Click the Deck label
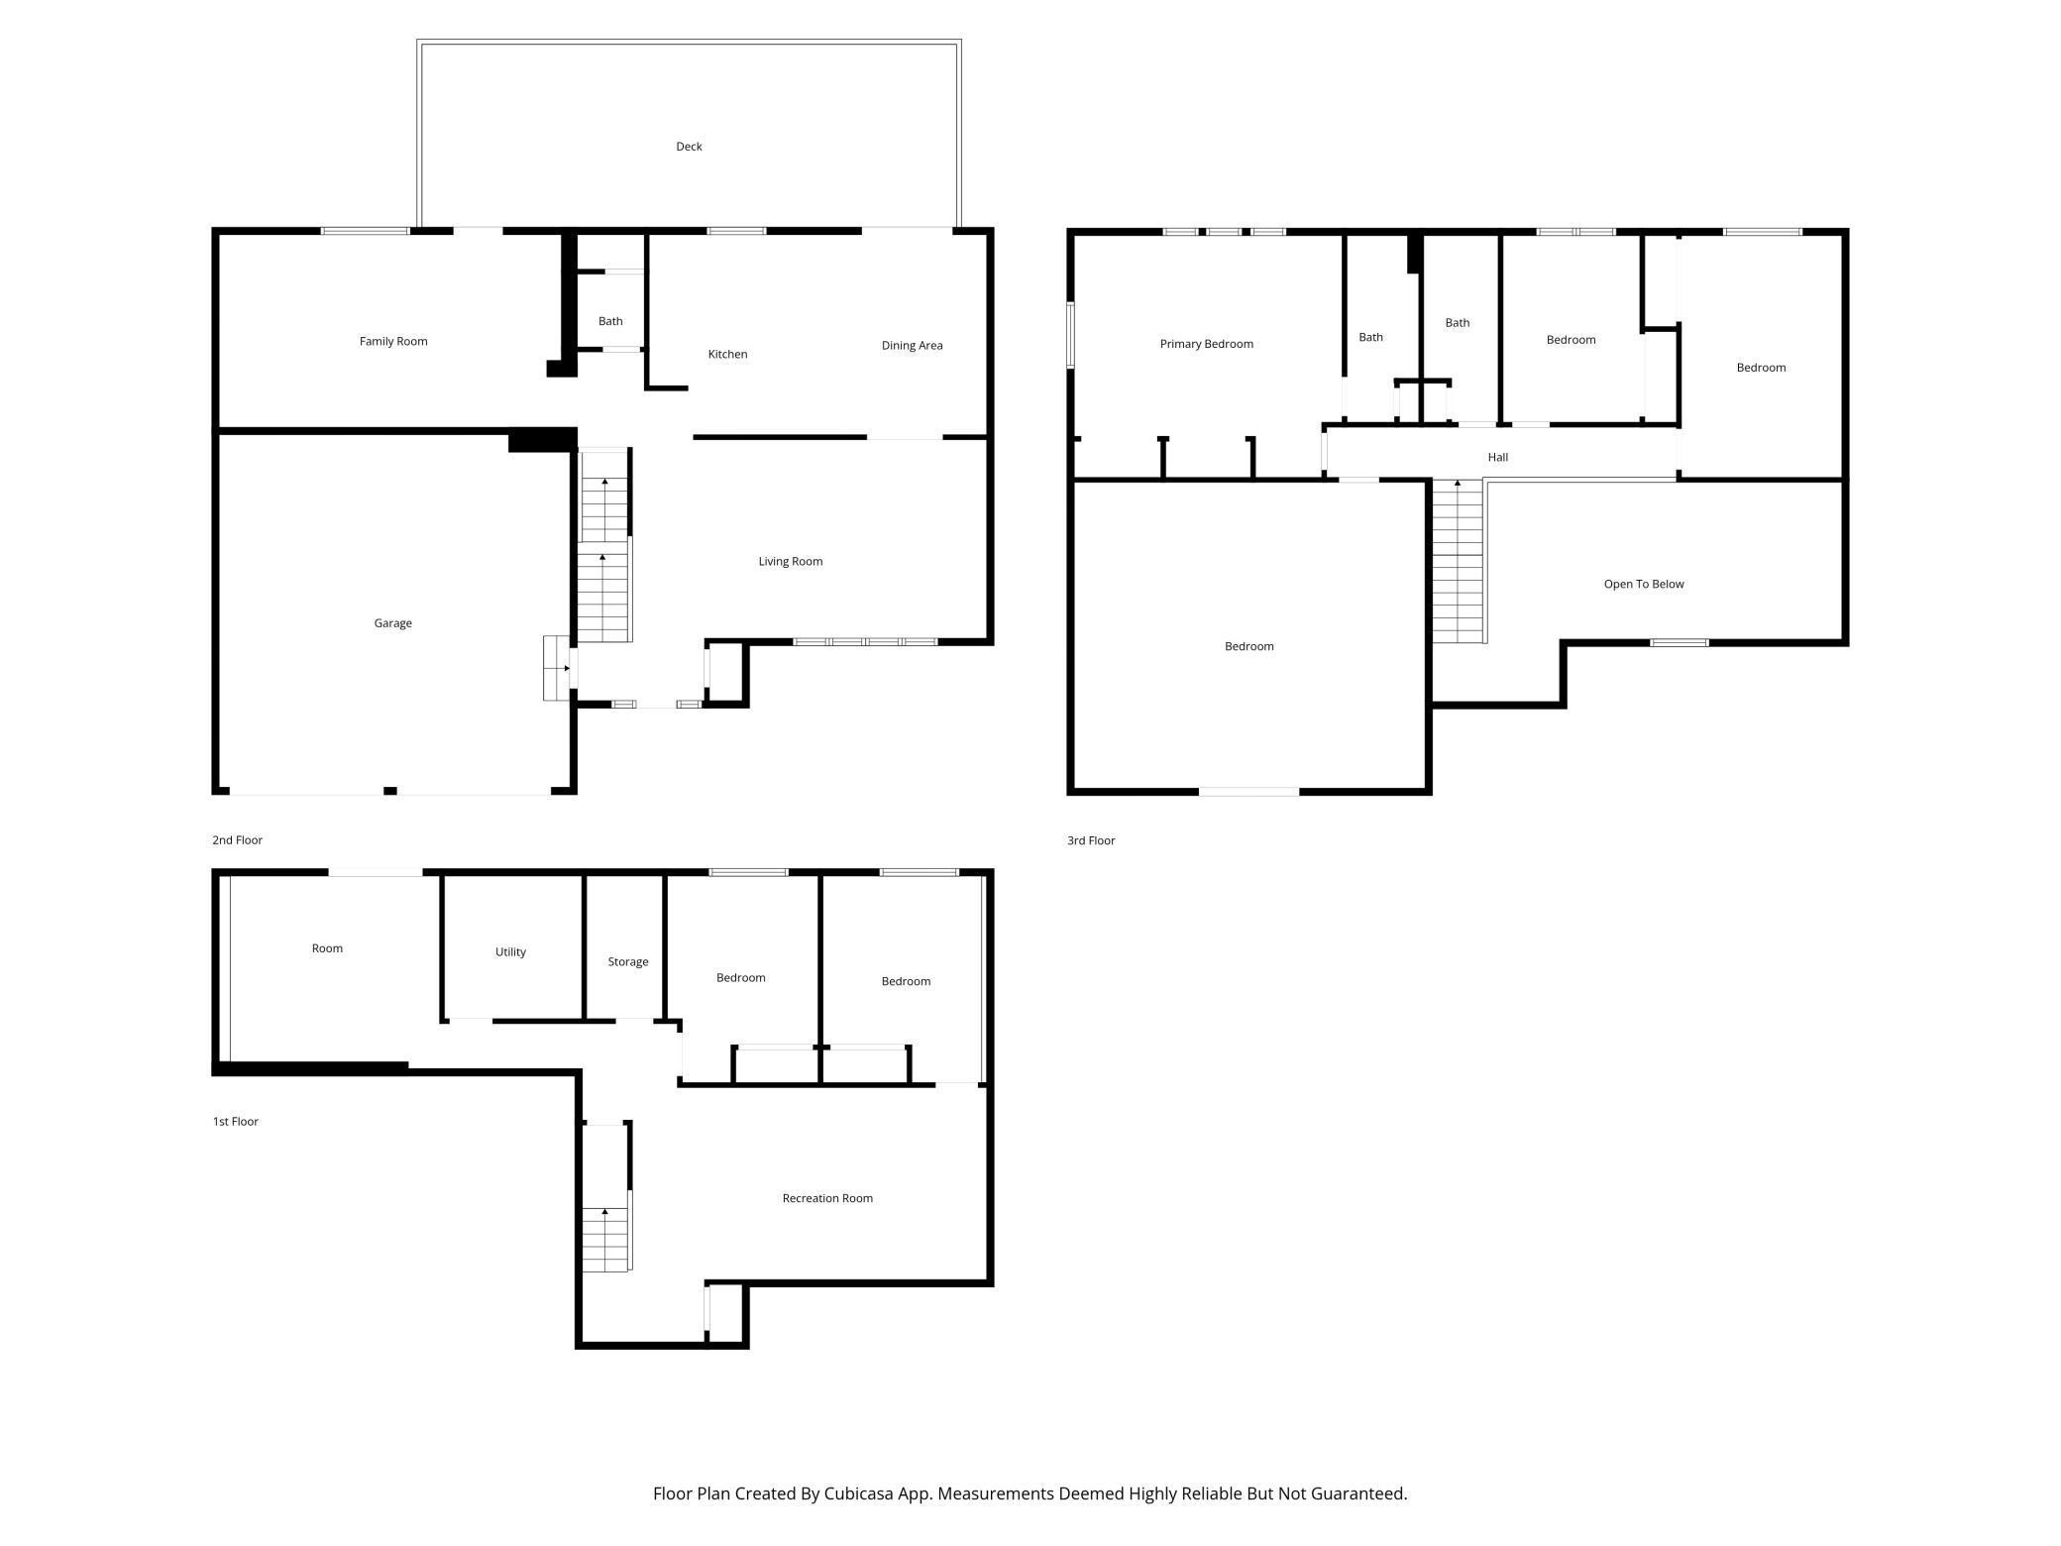689,147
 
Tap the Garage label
392,623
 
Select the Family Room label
393,342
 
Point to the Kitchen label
727,355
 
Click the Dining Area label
912,346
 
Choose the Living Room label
791,562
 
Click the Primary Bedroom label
1206,345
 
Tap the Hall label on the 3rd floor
1497,458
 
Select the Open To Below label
1644,585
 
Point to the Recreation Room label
827,1199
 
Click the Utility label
510,952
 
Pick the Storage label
628,962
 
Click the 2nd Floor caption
237,840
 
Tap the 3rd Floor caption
1091,841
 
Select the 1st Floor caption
235,1122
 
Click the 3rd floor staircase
1458,561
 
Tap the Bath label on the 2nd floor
610,321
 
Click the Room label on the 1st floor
327,949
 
